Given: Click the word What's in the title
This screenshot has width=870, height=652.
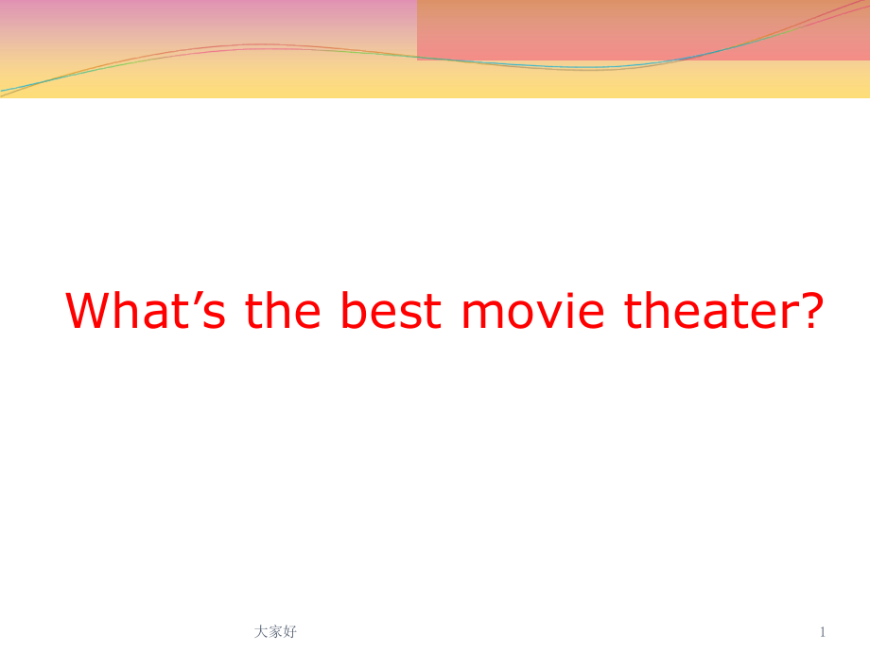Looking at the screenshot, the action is [x=146, y=310].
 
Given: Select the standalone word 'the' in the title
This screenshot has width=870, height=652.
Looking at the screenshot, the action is [x=283, y=310].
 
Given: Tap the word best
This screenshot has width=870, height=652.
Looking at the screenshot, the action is [x=391, y=310].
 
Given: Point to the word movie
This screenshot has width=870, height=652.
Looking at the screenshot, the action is [x=532, y=311].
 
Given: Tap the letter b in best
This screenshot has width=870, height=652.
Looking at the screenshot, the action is [x=354, y=310].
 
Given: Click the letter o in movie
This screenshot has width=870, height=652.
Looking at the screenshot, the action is [x=520, y=315].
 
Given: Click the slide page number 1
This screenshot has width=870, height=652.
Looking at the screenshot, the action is [x=823, y=631].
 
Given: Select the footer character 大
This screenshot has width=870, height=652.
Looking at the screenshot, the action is [x=261, y=631].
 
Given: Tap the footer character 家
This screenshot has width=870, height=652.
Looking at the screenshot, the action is [x=275, y=631].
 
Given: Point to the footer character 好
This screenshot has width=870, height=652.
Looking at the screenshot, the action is [x=289, y=631].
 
